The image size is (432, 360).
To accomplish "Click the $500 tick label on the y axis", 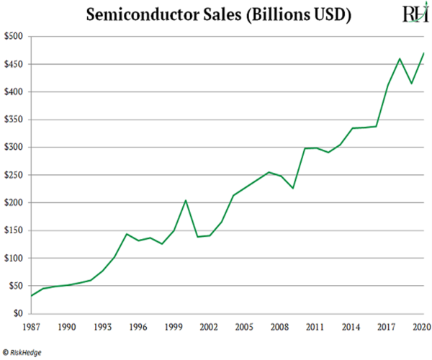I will (14, 37).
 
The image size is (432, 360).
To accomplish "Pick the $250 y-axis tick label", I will (14, 175).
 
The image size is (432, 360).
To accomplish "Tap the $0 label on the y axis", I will (18, 314).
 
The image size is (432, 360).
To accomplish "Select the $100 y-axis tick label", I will (14, 258).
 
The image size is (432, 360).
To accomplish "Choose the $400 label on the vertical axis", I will (14, 92).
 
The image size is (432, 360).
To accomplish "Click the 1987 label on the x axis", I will (30, 328).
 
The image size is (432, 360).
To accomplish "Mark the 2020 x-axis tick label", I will (422, 328).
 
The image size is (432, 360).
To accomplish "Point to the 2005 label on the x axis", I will (244, 328).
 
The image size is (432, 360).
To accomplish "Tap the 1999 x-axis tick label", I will (173, 328).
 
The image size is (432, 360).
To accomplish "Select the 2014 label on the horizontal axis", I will (351, 328).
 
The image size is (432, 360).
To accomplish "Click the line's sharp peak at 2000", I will (185, 200).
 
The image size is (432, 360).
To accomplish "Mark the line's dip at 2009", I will (292, 188).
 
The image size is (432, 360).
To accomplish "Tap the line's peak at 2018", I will (399, 58).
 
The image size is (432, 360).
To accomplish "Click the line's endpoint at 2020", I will (423, 53).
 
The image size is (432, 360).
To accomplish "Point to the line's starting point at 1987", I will (31, 296).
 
